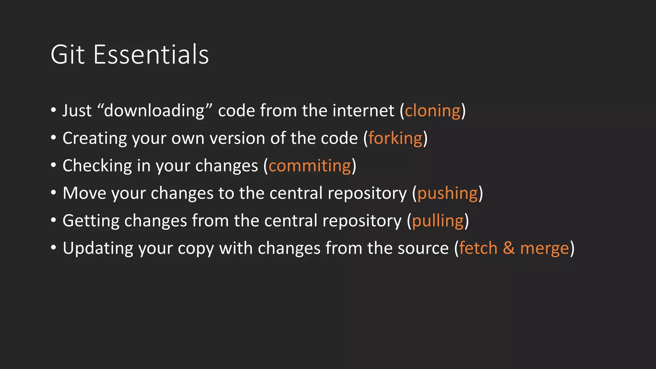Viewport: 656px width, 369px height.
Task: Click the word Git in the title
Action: point(68,54)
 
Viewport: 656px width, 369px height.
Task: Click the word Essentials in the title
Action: point(151,54)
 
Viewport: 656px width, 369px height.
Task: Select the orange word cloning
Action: point(432,111)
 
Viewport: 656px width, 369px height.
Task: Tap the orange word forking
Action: point(395,138)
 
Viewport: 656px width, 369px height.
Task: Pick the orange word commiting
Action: point(310,166)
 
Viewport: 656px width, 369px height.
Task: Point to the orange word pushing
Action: point(447,193)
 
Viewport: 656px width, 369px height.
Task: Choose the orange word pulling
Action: point(438,221)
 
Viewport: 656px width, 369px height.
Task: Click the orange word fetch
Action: point(478,248)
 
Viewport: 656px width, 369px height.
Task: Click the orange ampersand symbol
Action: point(509,248)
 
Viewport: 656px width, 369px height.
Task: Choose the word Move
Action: point(84,193)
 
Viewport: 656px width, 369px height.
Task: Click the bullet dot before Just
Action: point(53,111)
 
